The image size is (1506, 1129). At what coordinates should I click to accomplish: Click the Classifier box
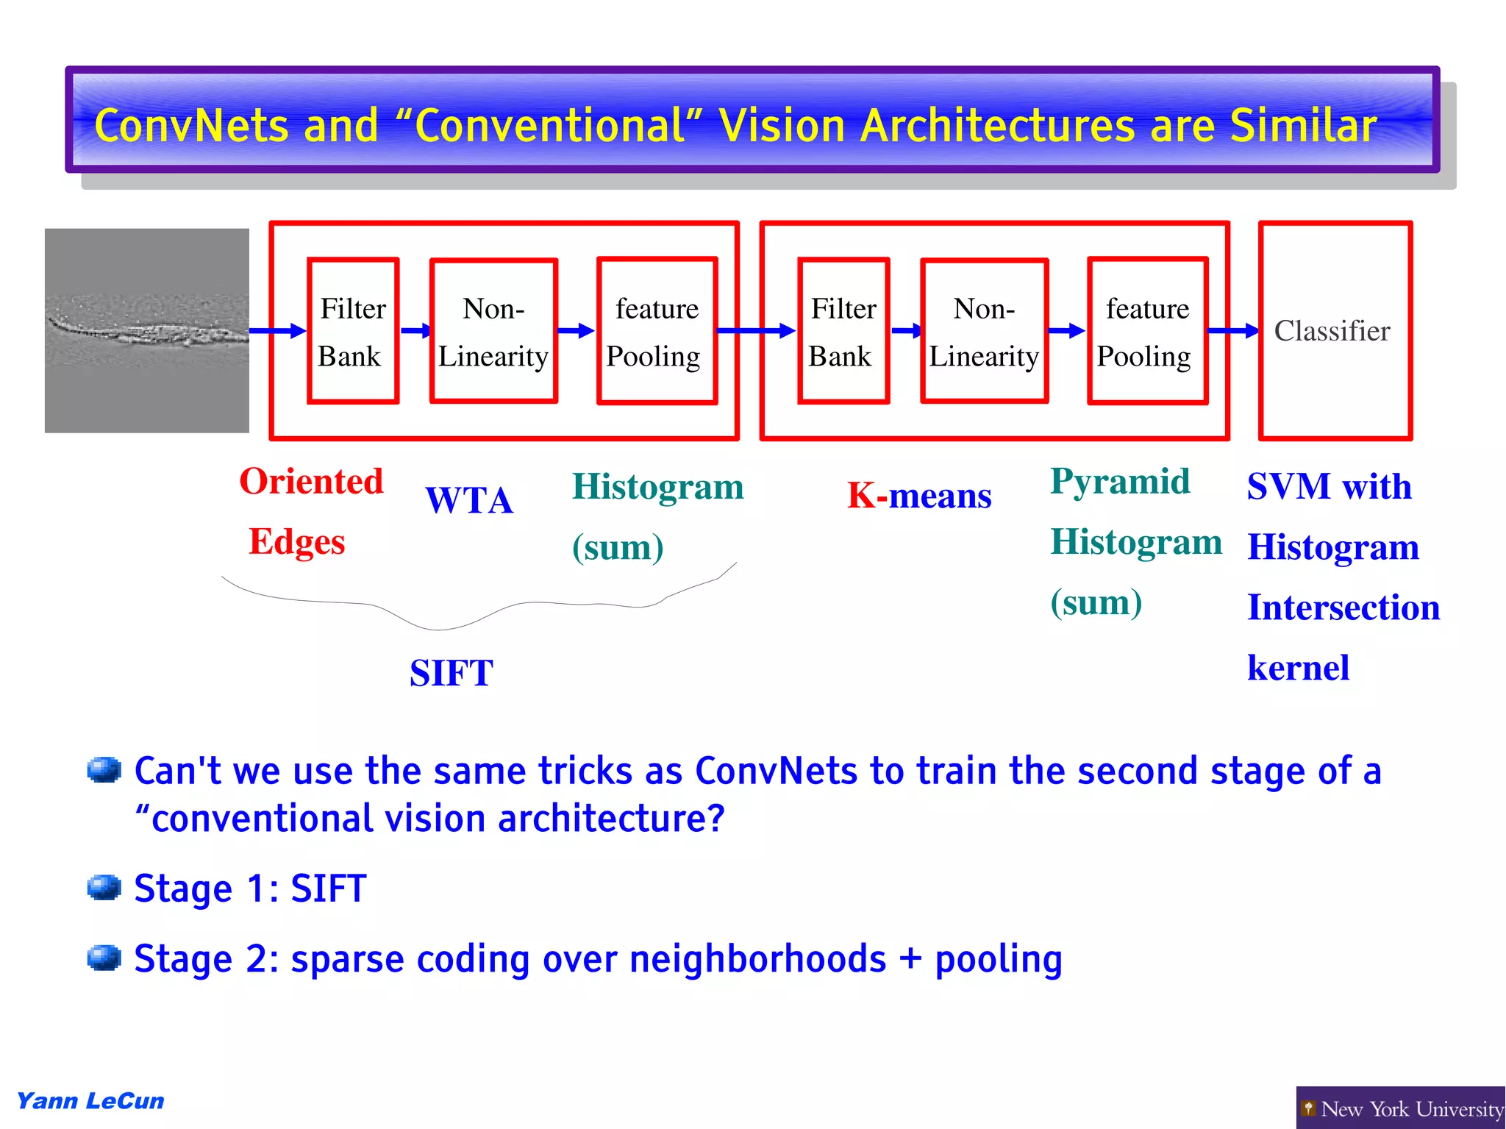pos(1335,331)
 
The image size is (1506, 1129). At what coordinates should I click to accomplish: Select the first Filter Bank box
pos(353,331)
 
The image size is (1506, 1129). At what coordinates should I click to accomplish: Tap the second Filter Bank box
pos(843,331)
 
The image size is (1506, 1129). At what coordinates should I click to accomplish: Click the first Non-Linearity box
pos(493,331)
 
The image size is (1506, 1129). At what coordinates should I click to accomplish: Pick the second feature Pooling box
pos(1147,331)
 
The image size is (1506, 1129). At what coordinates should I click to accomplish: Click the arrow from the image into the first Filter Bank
pos(277,331)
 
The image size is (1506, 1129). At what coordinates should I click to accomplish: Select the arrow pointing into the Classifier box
pos(1233,331)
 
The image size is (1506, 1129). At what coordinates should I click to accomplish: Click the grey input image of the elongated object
pos(147,331)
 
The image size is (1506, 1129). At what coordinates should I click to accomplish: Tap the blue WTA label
pos(469,501)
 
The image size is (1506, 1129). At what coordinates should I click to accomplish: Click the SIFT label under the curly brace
pos(451,673)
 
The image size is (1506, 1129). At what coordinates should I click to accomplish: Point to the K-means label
pos(919,496)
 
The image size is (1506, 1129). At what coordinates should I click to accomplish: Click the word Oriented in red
pos(311,482)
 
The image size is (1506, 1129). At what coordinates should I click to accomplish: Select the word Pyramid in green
pos(1119,482)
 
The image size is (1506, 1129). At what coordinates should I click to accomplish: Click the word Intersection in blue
pos(1343,608)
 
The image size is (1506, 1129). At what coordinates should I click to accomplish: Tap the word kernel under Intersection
pos(1298,668)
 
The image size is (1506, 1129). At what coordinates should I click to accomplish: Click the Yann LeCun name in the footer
pos(90,1101)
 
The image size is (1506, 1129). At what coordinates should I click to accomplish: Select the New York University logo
pos(1401,1108)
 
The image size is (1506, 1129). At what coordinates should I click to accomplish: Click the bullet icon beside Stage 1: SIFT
pos(104,888)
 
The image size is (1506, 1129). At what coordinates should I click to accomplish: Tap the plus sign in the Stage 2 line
pos(910,959)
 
